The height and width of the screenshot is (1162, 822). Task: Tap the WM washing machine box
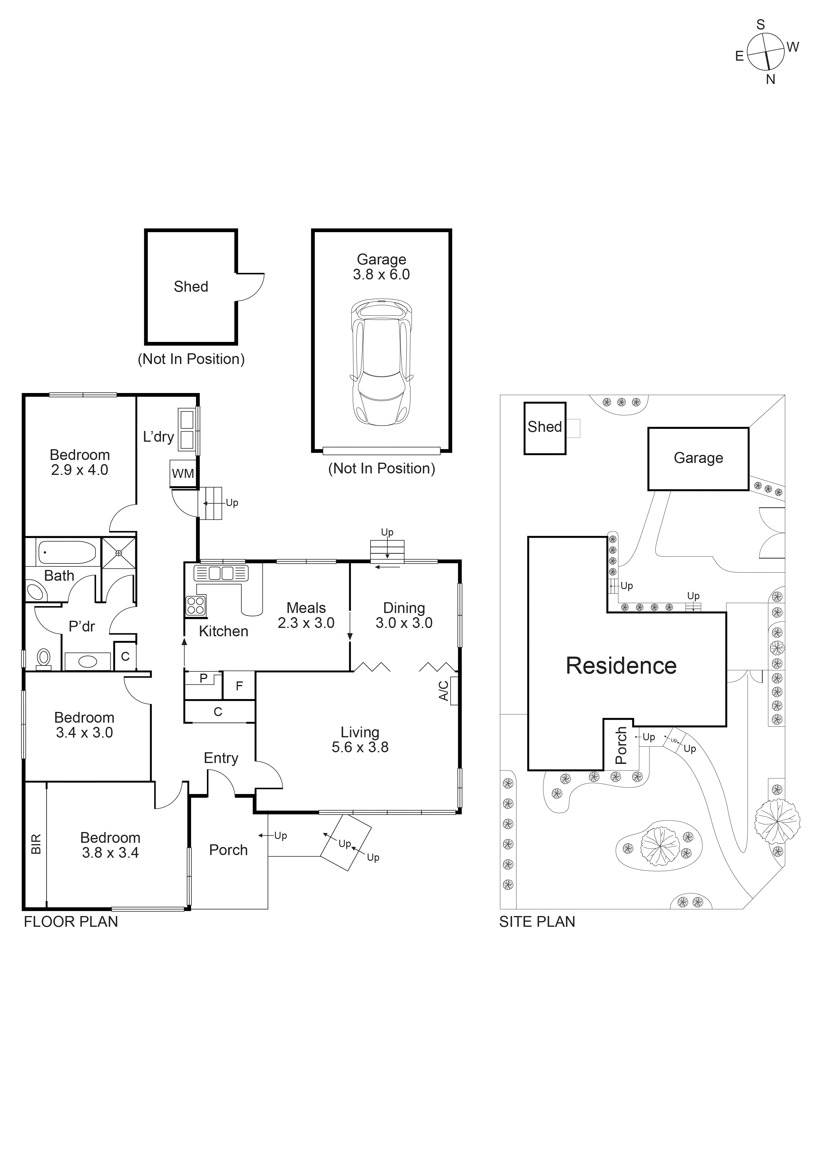pyautogui.click(x=183, y=474)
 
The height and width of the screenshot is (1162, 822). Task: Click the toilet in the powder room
pyautogui.click(x=44, y=658)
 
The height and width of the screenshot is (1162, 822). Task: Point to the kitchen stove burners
pyautogui.click(x=196, y=605)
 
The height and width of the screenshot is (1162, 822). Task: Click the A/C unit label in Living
pyautogui.click(x=444, y=690)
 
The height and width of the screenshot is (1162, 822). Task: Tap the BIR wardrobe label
pyautogui.click(x=36, y=844)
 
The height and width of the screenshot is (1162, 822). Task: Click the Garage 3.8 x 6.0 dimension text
pyautogui.click(x=381, y=274)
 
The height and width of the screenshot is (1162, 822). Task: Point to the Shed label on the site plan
pyautogui.click(x=545, y=427)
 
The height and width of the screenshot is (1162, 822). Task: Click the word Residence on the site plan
pyautogui.click(x=621, y=666)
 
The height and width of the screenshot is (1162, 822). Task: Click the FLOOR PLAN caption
pyautogui.click(x=71, y=922)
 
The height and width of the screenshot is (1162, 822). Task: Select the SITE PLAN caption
pyautogui.click(x=537, y=922)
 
